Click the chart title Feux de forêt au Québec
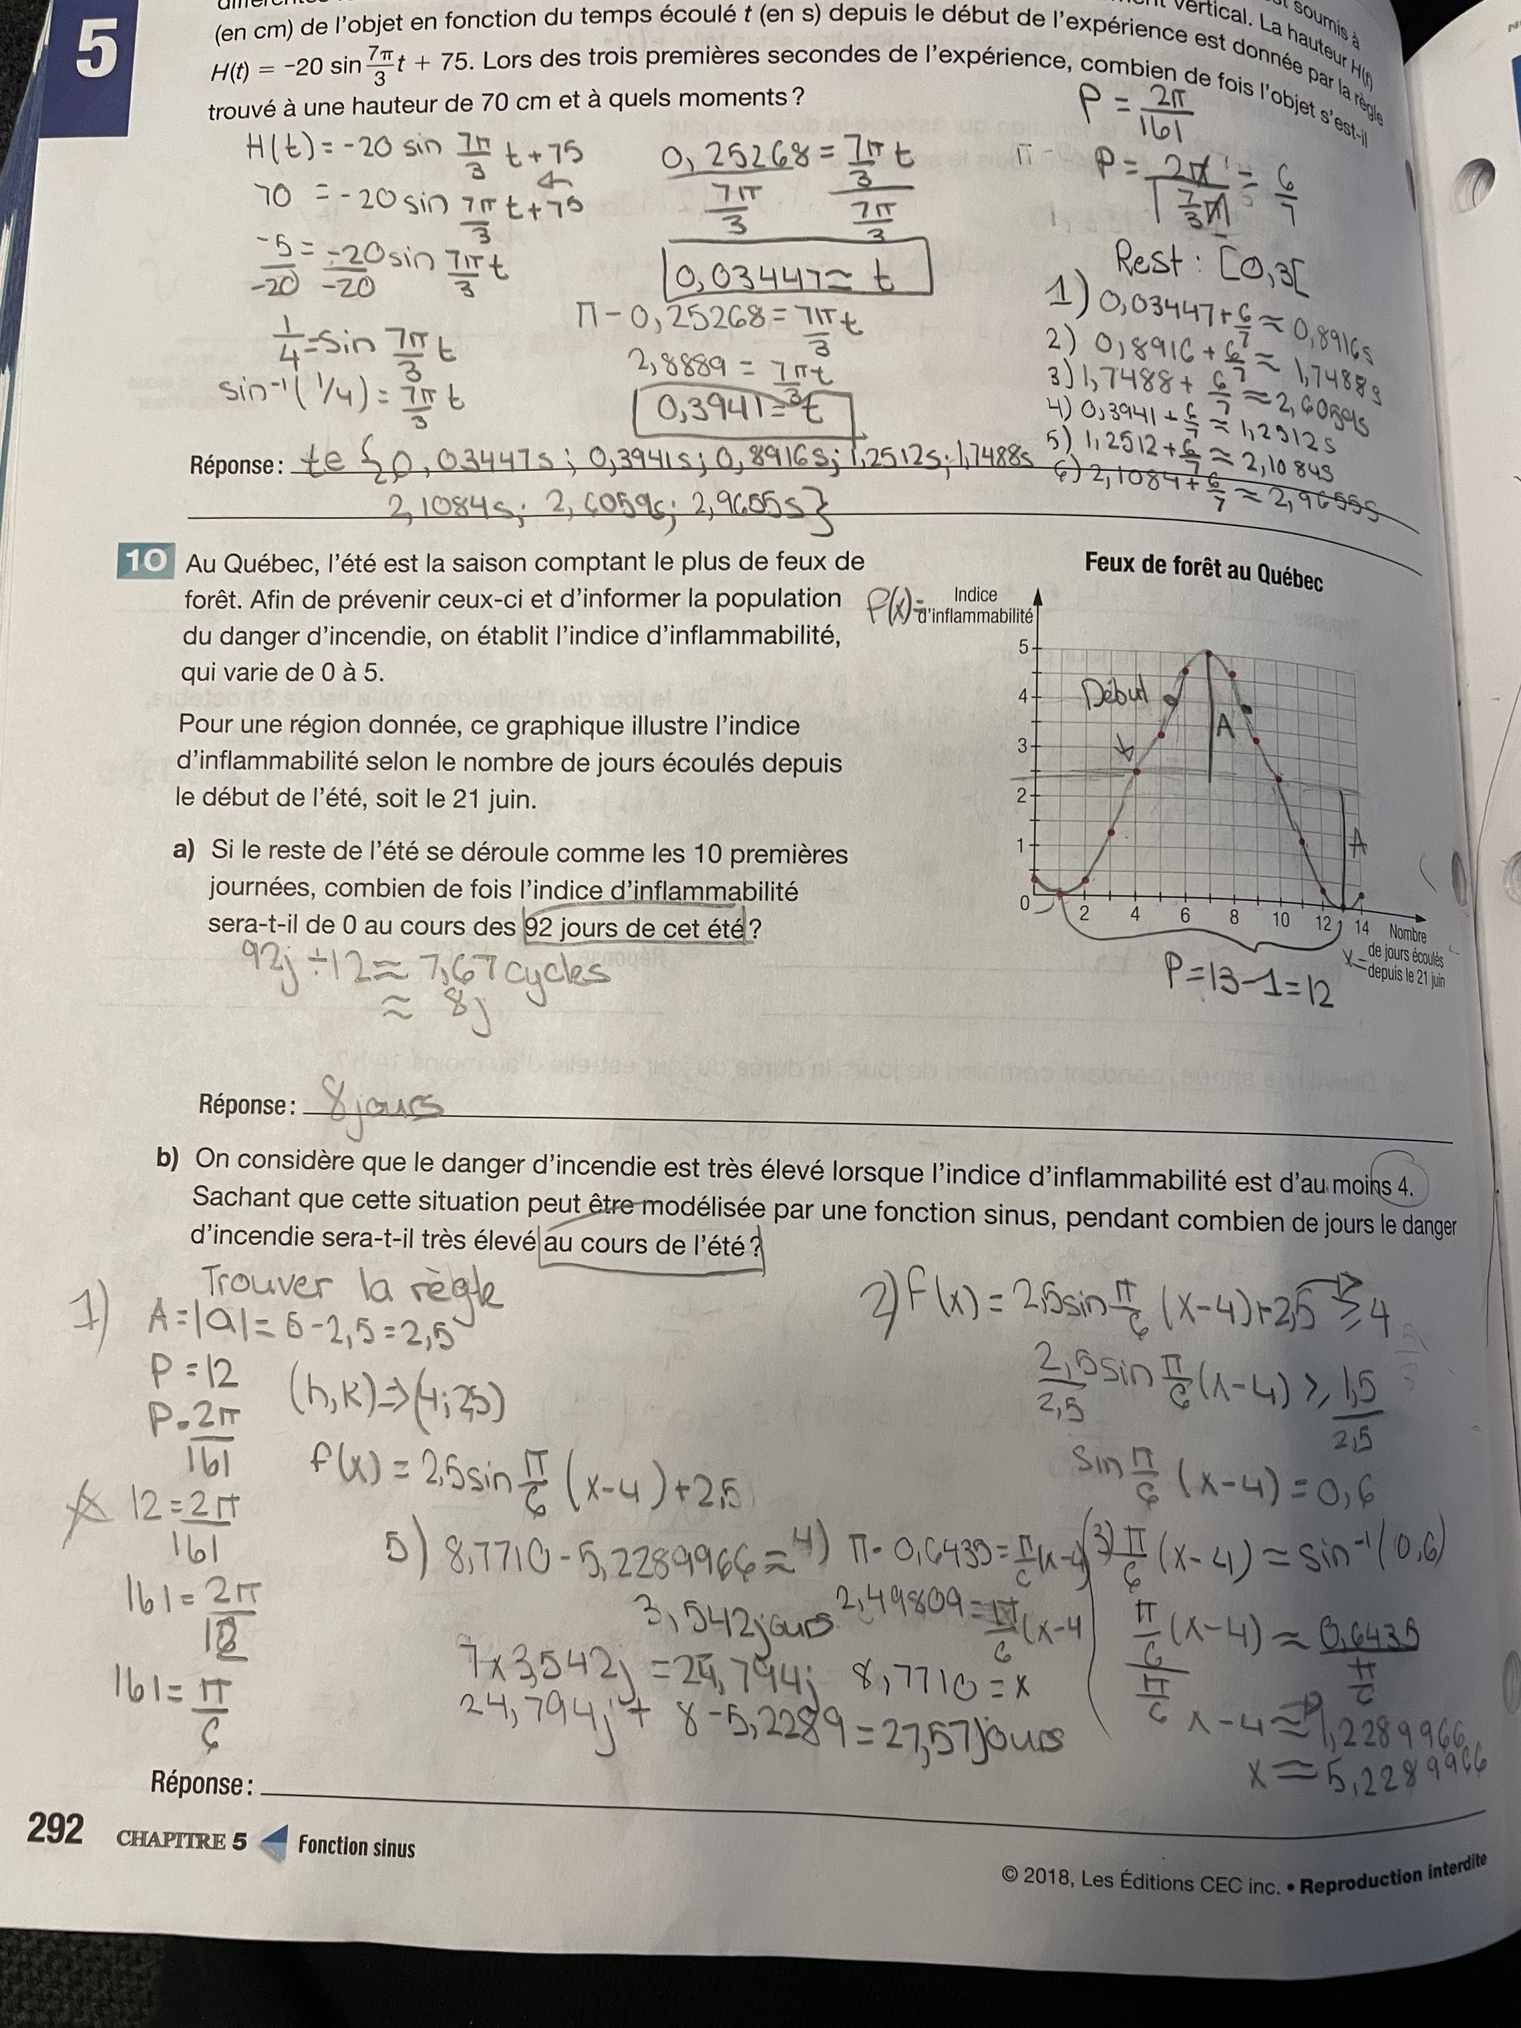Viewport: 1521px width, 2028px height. (x=1203, y=570)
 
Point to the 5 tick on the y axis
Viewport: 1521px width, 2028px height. (x=1022, y=647)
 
